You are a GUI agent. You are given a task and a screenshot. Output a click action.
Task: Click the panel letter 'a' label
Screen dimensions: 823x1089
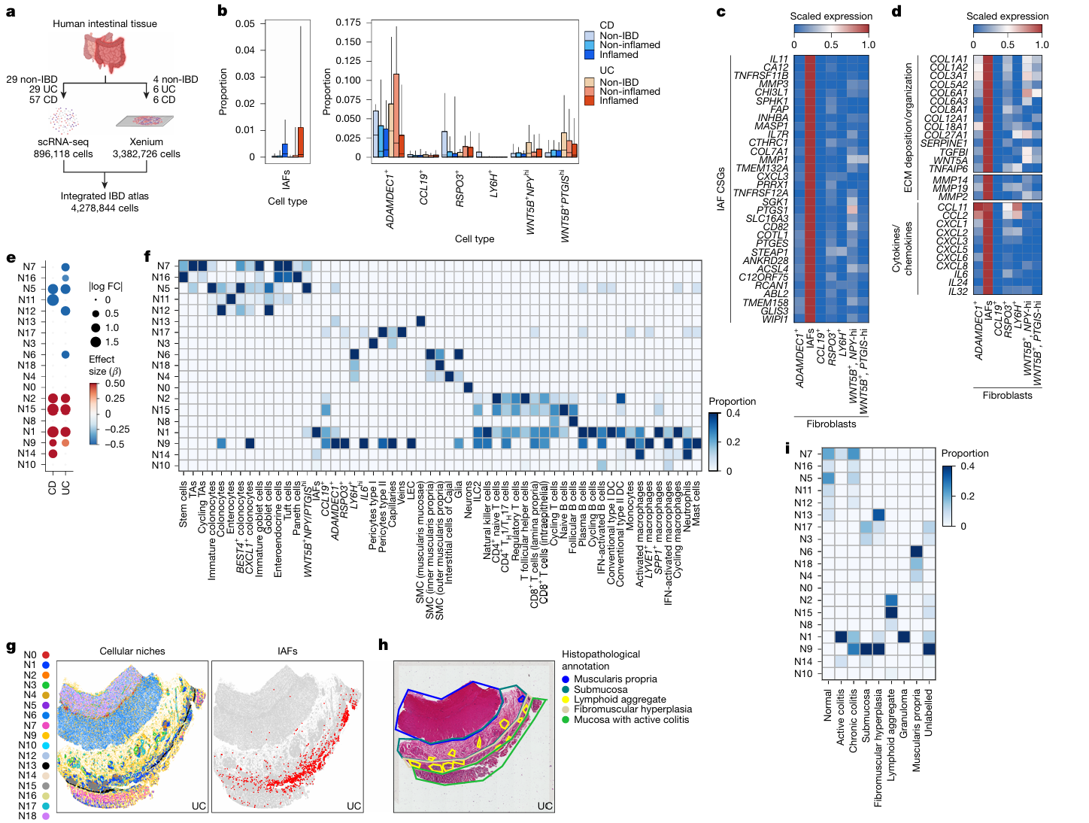click(x=11, y=12)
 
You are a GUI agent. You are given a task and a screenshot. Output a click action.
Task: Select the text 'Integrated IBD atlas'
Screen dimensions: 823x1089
click(x=105, y=196)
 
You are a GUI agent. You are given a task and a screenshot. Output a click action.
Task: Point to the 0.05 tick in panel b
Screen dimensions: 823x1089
click(x=245, y=24)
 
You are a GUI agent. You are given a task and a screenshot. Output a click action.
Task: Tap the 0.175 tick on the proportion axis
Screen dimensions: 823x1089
click(x=348, y=23)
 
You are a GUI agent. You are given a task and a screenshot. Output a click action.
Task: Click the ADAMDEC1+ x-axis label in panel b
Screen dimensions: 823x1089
click(x=390, y=200)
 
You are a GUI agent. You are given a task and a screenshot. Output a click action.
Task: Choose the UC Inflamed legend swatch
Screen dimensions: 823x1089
click(x=590, y=101)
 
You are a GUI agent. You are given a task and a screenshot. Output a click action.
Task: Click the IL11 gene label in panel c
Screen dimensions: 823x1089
click(x=778, y=59)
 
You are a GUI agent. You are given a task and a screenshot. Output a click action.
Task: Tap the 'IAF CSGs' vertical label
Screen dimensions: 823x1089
click(x=721, y=189)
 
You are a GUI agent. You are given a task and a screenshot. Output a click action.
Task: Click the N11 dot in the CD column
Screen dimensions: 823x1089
click(x=53, y=300)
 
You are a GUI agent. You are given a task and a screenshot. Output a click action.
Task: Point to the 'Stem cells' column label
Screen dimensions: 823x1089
click(x=184, y=505)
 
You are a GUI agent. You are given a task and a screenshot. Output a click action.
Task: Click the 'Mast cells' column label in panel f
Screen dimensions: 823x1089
click(x=696, y=503)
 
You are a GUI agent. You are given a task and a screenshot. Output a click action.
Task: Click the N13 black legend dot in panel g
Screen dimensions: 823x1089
click(x=46, y=766)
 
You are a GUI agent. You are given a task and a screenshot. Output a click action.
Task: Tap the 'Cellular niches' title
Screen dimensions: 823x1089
click(x=132, y=651)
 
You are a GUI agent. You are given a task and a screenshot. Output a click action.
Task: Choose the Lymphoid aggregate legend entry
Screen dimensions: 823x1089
click(x=620, y=700)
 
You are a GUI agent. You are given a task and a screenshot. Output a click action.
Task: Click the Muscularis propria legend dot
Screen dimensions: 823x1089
click(x=566, y=679)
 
